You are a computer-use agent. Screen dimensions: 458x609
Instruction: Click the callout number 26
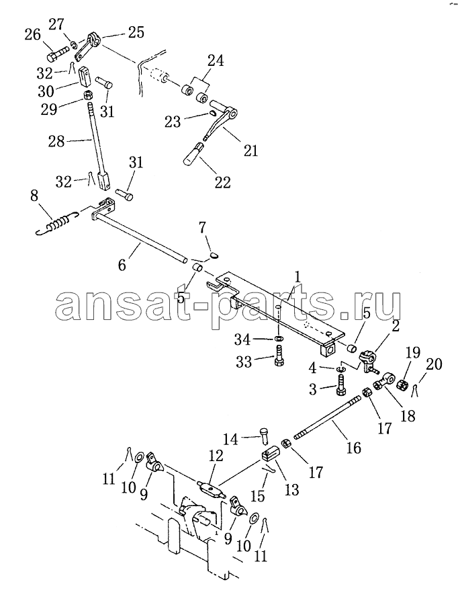coord(33,34)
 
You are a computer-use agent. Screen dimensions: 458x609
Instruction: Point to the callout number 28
coord(56,140)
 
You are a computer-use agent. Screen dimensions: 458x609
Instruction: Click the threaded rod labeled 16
coord(328,415)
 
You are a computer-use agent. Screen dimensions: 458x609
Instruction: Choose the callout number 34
coord(242,339)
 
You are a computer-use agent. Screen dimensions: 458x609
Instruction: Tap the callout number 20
coord(434,364)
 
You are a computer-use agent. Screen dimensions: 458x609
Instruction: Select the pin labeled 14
coord(265,436)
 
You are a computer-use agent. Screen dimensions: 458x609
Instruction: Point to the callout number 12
coord(216,456)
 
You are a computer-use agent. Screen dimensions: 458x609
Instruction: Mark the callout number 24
coord(216,60)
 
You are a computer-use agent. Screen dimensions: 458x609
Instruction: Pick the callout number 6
coord(122,266)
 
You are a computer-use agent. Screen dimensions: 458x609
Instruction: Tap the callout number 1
coord(297,278)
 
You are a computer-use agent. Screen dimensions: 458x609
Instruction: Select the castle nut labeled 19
coord(403,385)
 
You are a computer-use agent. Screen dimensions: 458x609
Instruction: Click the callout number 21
coord(250,151)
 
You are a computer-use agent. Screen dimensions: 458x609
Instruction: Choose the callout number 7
coord(203,228)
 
